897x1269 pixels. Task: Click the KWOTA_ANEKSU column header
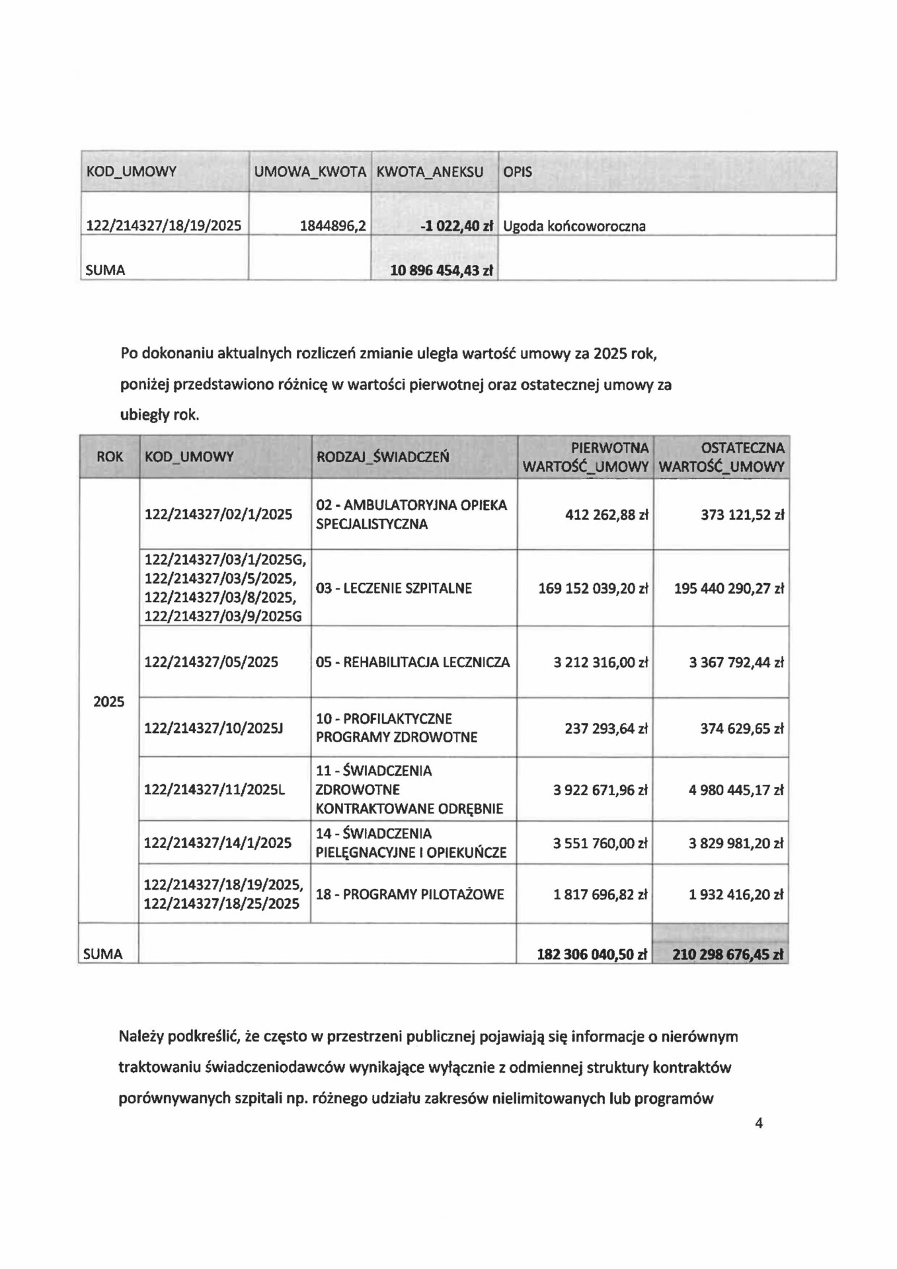(430, 172)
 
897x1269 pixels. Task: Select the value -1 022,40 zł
(457, 226)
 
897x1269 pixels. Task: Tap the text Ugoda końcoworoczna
(574, 226)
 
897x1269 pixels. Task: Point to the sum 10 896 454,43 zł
(442, 270)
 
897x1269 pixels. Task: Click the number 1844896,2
(332, 226)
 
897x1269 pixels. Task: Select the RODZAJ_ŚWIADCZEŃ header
(383, 457)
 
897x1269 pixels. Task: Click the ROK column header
(110, 457)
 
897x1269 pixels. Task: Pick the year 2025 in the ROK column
(109, 702)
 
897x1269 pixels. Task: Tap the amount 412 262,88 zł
(606, 515)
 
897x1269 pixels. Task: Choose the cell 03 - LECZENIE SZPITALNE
(394, 588)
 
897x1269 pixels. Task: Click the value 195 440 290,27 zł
(728, 588)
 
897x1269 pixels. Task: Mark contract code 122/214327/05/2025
(211, 662)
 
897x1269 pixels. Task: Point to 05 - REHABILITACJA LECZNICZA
(412, 662)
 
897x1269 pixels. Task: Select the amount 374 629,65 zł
(742, 729)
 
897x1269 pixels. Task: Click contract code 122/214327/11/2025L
(214, 790)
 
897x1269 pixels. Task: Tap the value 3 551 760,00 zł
(600, 843)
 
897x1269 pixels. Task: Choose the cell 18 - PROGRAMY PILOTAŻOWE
(410, 895)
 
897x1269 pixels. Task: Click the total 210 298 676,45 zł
(727, 954)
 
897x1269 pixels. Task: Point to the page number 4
(759, 1124)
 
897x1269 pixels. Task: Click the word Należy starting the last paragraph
(140, 1036)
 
